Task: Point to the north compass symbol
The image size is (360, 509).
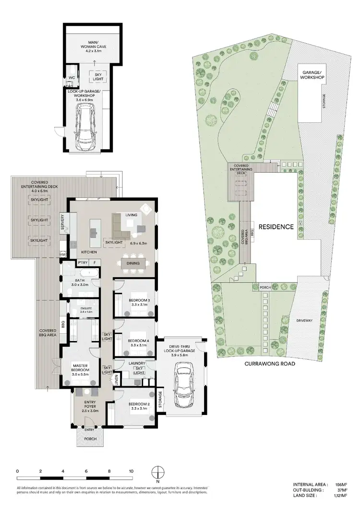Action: point(157,472)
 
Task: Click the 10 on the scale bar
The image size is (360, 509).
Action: point(131,472)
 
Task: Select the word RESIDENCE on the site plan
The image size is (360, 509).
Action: point(276,227)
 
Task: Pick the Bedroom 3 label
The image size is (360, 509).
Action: point(140,303)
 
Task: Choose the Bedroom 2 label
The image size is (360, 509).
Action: point(140,406)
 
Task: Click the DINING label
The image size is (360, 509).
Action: point(133,263)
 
